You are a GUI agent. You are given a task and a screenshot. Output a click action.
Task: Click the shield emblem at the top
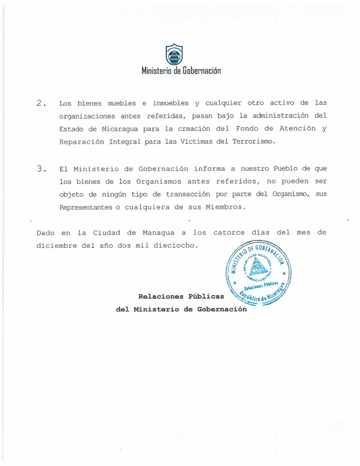pyautogui.click(x=174, y=55)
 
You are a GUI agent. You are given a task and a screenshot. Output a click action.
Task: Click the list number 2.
pyautogui.click(x=40, y=103)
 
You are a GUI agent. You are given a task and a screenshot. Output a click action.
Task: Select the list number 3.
pyautogui.click(x=40, y=169)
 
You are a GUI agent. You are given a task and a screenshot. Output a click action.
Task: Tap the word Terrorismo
pyautogui.click(x=253, y=141)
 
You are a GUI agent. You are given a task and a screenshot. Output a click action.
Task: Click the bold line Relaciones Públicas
pyautogui.click(x=181, y=297)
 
